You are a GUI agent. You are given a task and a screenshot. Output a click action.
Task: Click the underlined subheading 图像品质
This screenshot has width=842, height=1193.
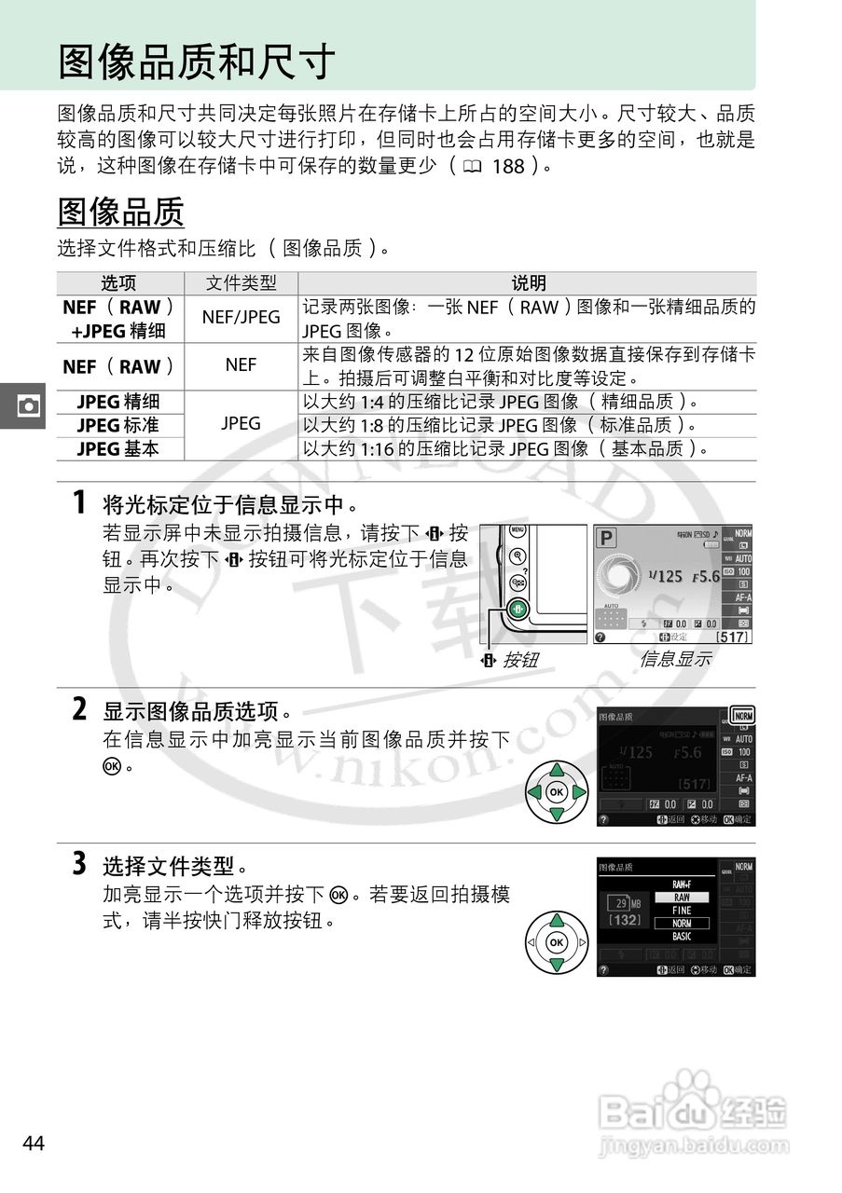[121, 212]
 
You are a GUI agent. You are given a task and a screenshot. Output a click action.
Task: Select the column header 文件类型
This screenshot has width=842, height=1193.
[241, 283]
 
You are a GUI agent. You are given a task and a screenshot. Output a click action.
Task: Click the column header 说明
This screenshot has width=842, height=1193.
[528, 283]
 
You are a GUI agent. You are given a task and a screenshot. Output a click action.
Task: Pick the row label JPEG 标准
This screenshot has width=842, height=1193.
[118, 425]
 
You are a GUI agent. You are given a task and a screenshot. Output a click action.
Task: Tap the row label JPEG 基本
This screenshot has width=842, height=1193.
[118, 448]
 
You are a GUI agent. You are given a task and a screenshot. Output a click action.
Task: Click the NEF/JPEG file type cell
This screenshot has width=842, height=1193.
[241, 317]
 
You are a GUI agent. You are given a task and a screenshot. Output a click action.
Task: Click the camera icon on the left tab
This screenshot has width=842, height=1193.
[29, 406]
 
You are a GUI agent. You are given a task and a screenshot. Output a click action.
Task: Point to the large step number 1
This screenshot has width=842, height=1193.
[81, 503]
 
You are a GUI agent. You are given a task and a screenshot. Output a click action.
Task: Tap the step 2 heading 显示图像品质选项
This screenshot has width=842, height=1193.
[190, 712]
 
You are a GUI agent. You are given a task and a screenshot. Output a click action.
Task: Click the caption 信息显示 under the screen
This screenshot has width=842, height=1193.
[675, 659]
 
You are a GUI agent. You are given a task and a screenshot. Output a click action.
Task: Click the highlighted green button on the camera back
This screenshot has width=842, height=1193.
[518, 610]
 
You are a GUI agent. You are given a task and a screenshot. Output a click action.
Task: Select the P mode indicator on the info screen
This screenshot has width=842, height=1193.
[607, 539]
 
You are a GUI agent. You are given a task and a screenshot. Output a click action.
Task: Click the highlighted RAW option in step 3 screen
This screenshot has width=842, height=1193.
[682, 898]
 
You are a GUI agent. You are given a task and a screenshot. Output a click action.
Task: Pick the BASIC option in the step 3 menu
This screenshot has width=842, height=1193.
[682, 937]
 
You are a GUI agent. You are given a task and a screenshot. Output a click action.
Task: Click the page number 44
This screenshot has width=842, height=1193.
[34, 1144]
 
